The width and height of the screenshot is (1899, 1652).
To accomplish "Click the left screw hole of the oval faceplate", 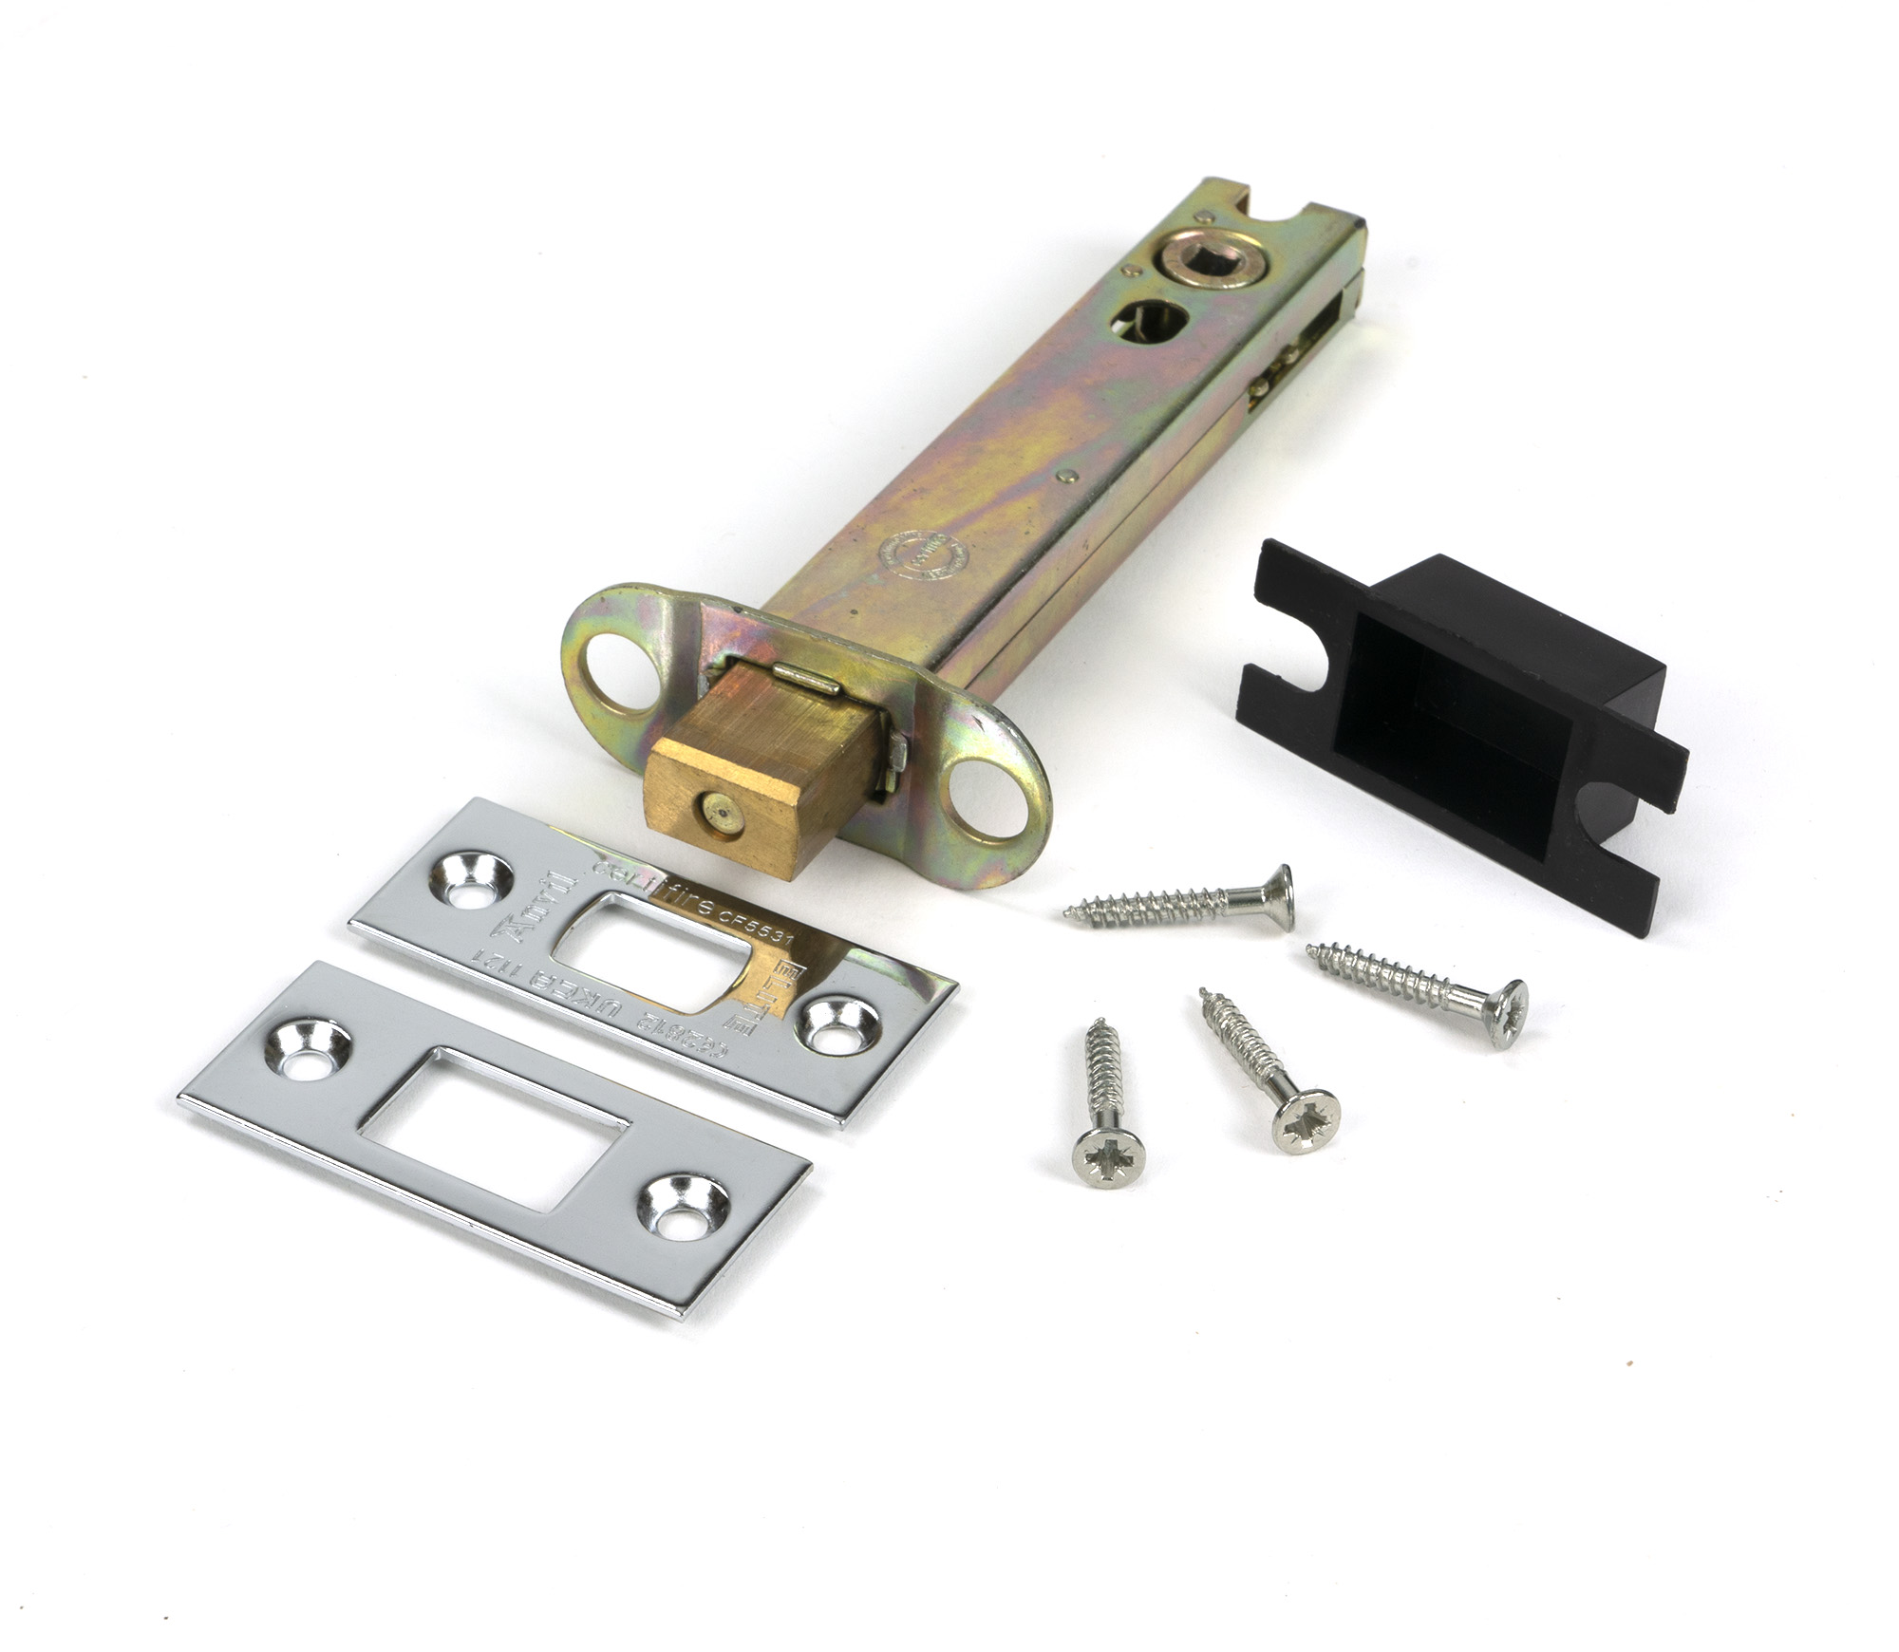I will pos(611,666).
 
